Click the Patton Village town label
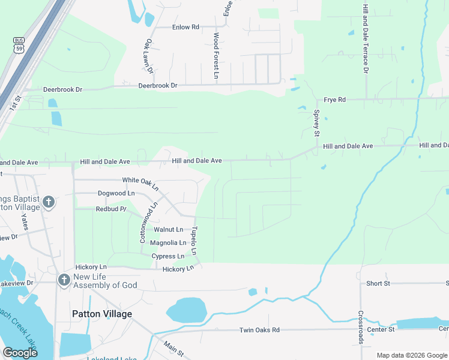pos(101,314)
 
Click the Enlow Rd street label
pos(185,27)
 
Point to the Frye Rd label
pos(335,100)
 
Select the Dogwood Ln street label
pos(116,193)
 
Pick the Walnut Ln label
pos(168,229)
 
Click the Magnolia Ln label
pos(168,242)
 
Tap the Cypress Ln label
pos(167,256)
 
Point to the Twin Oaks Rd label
pos(260,330)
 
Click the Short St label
pos(378,283)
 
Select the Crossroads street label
pos(361,327)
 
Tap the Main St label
pos(174,347)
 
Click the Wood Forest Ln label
pos(216,56)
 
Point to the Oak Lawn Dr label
pos(148,57)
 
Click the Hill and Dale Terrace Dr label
pos(364,38)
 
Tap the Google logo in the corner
pos(20,353)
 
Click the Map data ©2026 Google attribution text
pos(411,355)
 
